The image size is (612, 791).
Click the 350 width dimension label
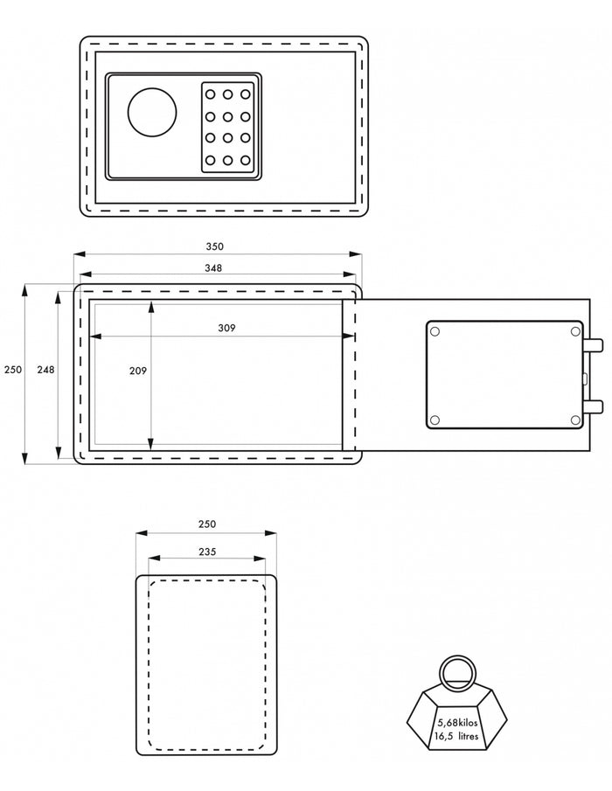coord(214,246)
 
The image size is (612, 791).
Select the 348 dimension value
coord(213,267)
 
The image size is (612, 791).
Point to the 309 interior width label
coord(226,328)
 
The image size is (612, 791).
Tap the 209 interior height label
coord(138,371)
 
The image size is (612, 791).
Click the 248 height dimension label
coord(46,370)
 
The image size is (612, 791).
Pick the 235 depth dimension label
coord(207,552)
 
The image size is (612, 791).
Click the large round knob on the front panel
coord(152,112)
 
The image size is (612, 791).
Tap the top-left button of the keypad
coord(211,94)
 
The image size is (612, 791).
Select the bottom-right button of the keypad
coord(245,161)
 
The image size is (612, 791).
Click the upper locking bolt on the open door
coord(594,345)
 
